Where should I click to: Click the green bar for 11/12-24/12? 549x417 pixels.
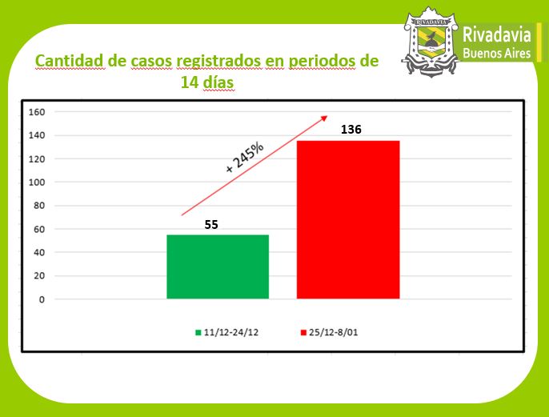coord(217,267)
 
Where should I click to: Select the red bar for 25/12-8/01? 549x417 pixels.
coord(347,219)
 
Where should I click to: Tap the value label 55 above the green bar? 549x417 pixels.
coord(211,225)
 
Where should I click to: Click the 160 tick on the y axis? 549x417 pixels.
coord(36,112)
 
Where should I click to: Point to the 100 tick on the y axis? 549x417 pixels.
coord(36,182)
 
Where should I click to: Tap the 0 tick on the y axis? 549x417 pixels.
coord(41,299)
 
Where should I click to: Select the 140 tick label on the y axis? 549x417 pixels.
coord(36,135)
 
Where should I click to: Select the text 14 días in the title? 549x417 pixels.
coord(206,82)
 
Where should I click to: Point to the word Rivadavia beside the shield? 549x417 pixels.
coord(498,35)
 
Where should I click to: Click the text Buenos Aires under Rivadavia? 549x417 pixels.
coord(497,54)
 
